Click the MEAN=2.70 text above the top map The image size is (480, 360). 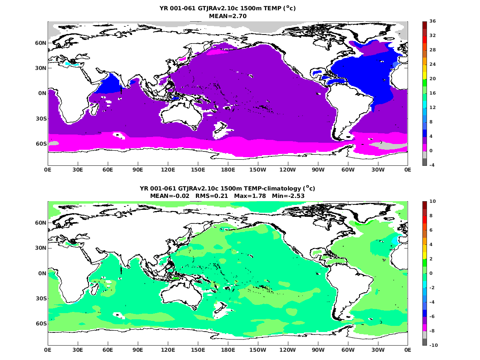point(228,16)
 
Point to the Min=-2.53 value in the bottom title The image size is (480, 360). point(288,196)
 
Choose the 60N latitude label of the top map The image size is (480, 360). point(41,43)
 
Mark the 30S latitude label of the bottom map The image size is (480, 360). point(41,298)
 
